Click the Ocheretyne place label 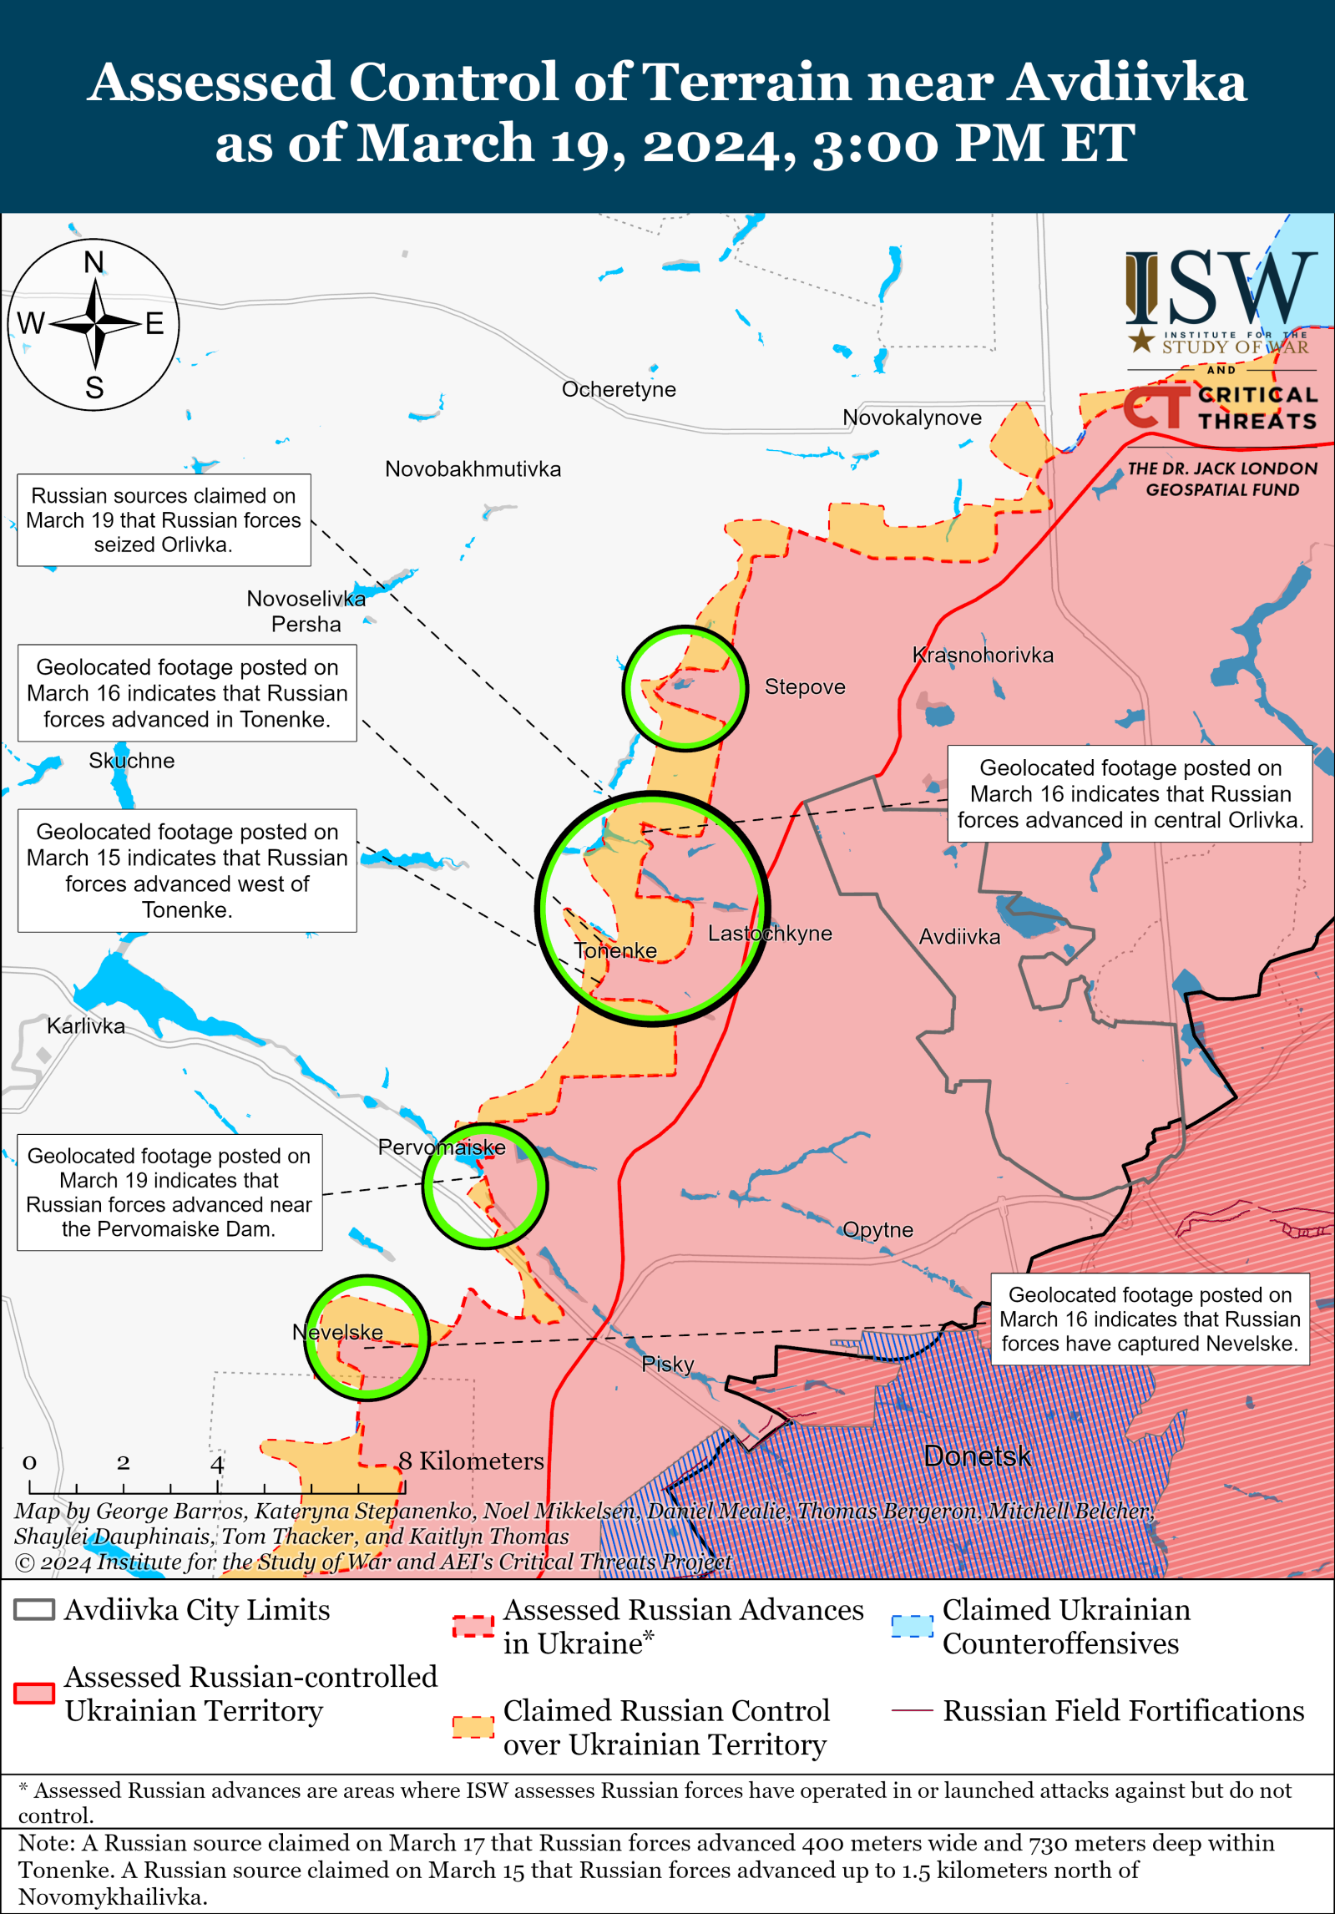[619, 389]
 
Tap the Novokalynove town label [912, 418]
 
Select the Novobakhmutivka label [473, 469]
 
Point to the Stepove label [805, 686]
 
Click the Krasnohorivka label [983, 655]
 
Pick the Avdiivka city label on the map [959, 937]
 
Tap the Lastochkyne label [770, 934]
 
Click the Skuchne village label [132, 761]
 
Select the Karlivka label [86, 1025]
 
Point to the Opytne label [877, 1229]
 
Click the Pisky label [668, 1364]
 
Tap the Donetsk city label [978, 1456]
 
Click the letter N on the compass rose [94, 263]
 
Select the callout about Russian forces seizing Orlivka [164, 520]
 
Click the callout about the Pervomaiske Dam [169, 1192]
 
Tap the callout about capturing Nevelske [1150, 1319]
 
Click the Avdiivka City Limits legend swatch [34, 1610]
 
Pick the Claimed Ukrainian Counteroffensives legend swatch [912, 1626]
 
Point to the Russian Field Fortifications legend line [912, 1710]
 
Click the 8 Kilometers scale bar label [471, 1461]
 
